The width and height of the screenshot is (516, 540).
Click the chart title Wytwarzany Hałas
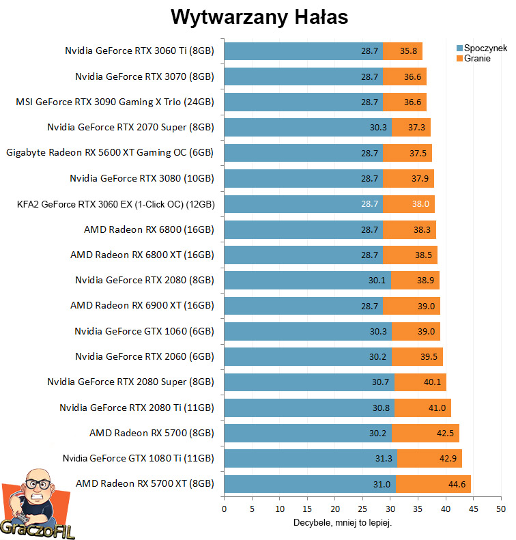[259, 16]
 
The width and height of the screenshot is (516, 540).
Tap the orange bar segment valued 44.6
[433, 485]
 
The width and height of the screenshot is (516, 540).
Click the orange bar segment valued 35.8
[403, 51]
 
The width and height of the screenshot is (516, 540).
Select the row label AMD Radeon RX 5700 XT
[145, 484]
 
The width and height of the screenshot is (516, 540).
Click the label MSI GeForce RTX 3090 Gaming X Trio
[115, 102]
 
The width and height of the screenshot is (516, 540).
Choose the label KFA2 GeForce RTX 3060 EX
[110, 204]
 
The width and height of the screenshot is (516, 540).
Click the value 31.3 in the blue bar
[384, 459]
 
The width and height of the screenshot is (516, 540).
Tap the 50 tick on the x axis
[501, 509]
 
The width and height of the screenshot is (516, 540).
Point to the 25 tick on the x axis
[362, 509]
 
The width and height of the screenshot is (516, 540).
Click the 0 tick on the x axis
[224, 509]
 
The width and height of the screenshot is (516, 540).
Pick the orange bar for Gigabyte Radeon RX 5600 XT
[407, 153]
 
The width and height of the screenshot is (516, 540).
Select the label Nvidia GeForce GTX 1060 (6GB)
[144, 332]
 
